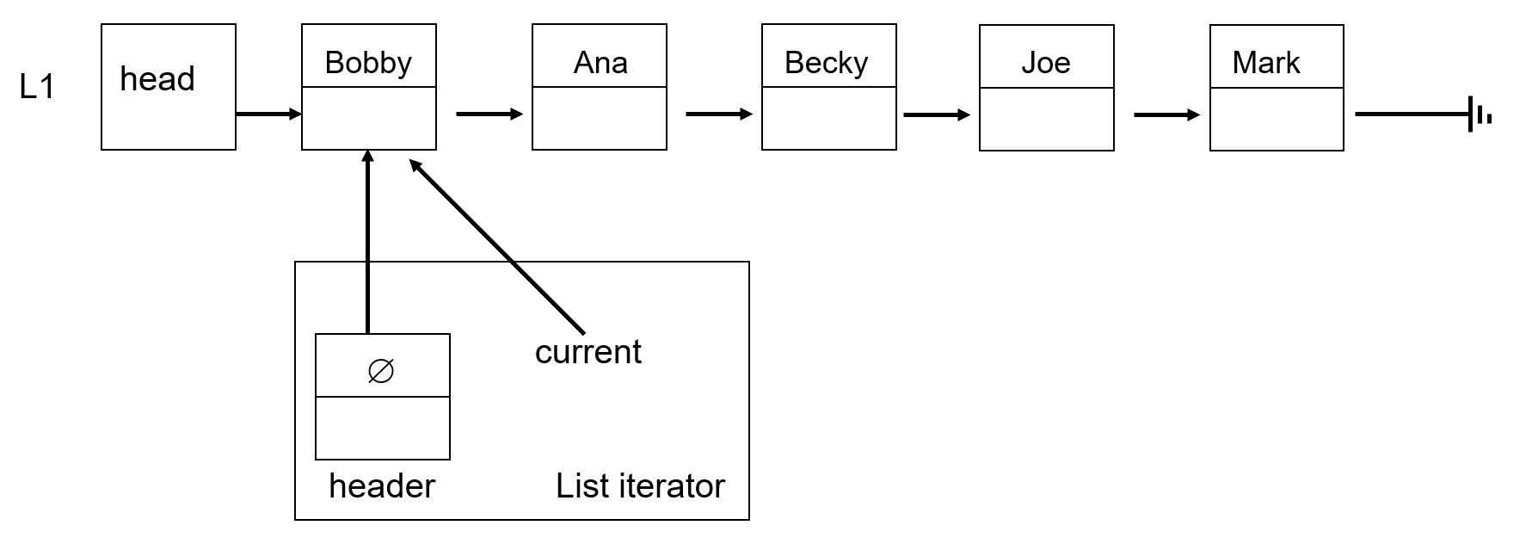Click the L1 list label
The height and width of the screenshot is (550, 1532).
[x=36, y=87]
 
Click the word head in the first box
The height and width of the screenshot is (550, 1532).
[x=157, y=79]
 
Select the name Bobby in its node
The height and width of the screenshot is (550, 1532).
[x=368, y=63]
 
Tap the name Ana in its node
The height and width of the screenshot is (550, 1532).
[x=600, y=63]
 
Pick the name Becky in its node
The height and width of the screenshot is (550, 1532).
[x=827, y=63]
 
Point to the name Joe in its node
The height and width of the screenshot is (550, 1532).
[x=1046, y=63]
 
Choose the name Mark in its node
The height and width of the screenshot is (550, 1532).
[x=1265, y=63]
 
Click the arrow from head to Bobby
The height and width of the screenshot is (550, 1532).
[x=268, y=114]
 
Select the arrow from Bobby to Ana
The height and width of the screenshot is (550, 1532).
[x=489, y=114]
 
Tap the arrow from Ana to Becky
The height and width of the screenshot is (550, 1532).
[x=718, y=114]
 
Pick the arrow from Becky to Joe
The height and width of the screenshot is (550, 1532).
[x=936, y=114]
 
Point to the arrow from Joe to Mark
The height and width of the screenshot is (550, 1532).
[x=1166, y=114]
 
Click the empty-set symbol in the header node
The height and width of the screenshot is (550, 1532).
[x=381, y=371]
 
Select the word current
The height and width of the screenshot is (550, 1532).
[x=588, y=351]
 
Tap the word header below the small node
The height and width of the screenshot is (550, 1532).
[x=382, y=486]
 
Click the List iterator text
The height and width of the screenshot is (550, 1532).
[x=640, y=486]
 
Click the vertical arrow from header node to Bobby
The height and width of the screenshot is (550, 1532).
[x=368, y=241]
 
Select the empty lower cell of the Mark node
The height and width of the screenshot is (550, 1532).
[x=1277, y=119]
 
